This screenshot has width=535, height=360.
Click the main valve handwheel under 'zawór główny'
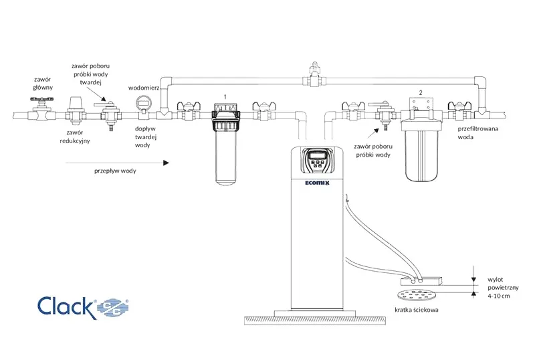coord(42,100)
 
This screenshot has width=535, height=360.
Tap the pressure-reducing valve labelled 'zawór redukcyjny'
coord(75,110)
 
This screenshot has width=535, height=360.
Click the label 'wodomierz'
coord(144,88)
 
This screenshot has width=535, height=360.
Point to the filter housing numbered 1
coord(225,143)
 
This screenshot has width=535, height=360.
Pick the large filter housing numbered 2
coord(422,140)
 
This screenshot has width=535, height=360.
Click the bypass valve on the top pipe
coord(313,75)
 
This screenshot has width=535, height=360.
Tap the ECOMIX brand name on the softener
coord(317,183)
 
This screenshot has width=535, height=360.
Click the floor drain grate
coord(417,295)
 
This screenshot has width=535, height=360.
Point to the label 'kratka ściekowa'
coord(416,310)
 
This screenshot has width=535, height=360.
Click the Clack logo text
coord(65,306)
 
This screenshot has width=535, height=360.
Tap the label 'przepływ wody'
coord(115,171)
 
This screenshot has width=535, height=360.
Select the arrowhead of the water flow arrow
coord(166,163)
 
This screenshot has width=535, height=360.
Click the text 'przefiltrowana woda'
coord(477,133)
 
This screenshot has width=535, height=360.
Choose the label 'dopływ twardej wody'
coord(145,137)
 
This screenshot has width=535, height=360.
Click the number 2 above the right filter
coord(421,92)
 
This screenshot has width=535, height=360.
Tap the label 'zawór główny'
coord(43,84)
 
